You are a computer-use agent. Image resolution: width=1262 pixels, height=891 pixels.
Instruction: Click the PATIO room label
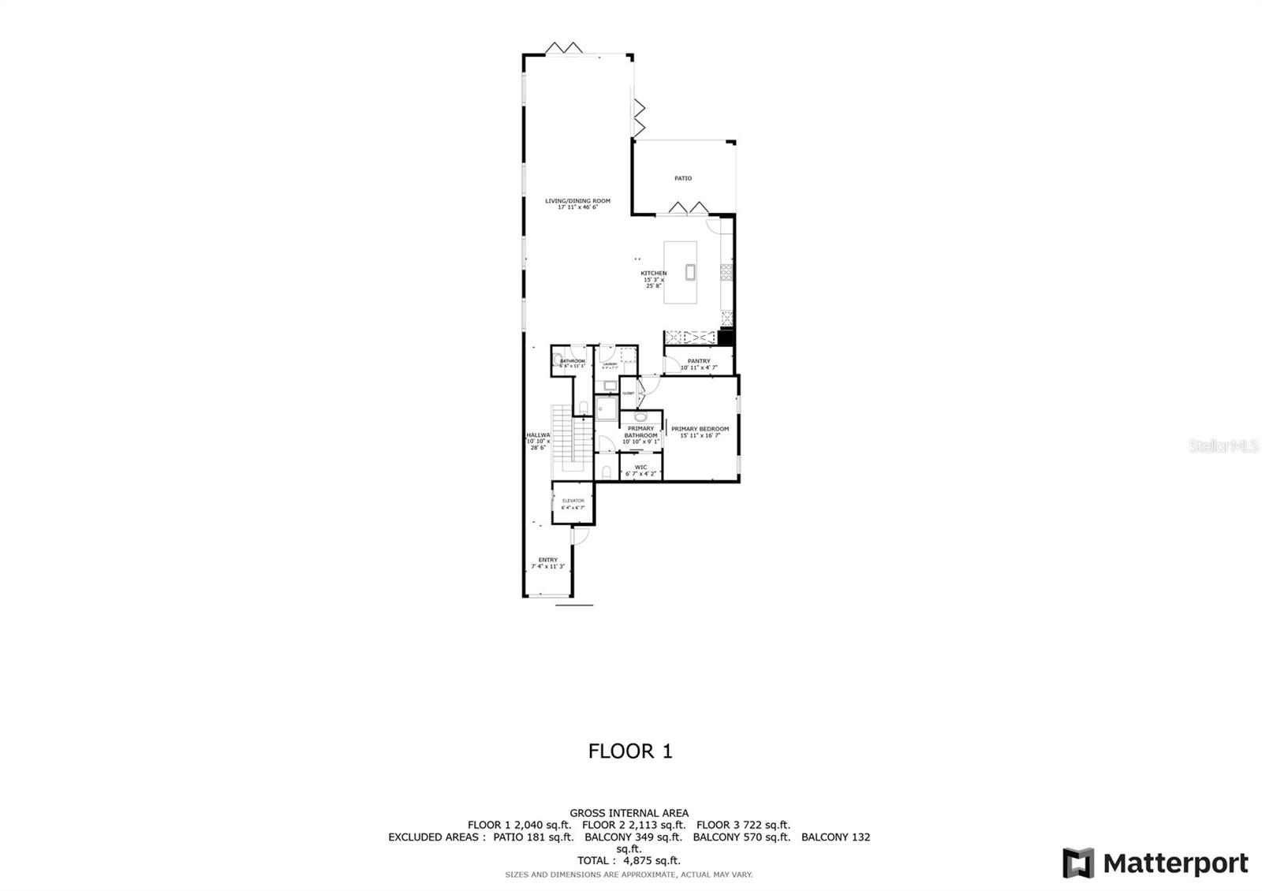682,178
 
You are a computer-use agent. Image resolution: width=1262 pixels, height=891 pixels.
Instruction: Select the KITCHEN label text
653,274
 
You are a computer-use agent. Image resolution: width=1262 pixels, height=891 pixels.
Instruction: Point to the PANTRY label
699,362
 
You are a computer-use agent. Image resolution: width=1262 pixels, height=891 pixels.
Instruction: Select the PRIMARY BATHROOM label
640,432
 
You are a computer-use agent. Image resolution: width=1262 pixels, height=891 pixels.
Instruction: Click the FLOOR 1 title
630,751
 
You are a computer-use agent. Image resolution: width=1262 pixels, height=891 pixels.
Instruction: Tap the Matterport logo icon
1078,863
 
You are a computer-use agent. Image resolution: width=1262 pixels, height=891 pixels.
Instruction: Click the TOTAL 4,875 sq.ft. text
629,861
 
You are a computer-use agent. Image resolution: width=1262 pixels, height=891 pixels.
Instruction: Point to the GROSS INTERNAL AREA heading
629,813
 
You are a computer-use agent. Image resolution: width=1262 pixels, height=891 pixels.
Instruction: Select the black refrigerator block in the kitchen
726,337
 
